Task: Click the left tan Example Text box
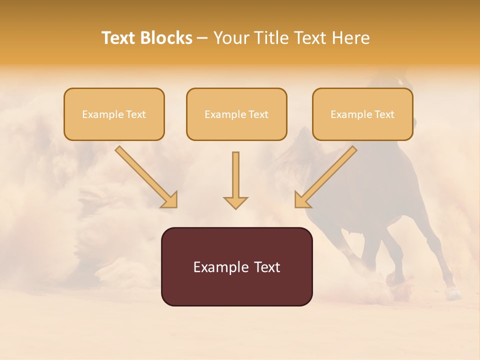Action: pos(114,114)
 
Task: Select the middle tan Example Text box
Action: pos(236,114)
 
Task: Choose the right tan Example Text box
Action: pos(362,114)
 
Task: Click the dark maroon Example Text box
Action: pos(236,266)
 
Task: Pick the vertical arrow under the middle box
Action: pos(235,175)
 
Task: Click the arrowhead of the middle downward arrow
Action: pos(235,202)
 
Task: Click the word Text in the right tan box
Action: pos(384,114)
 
